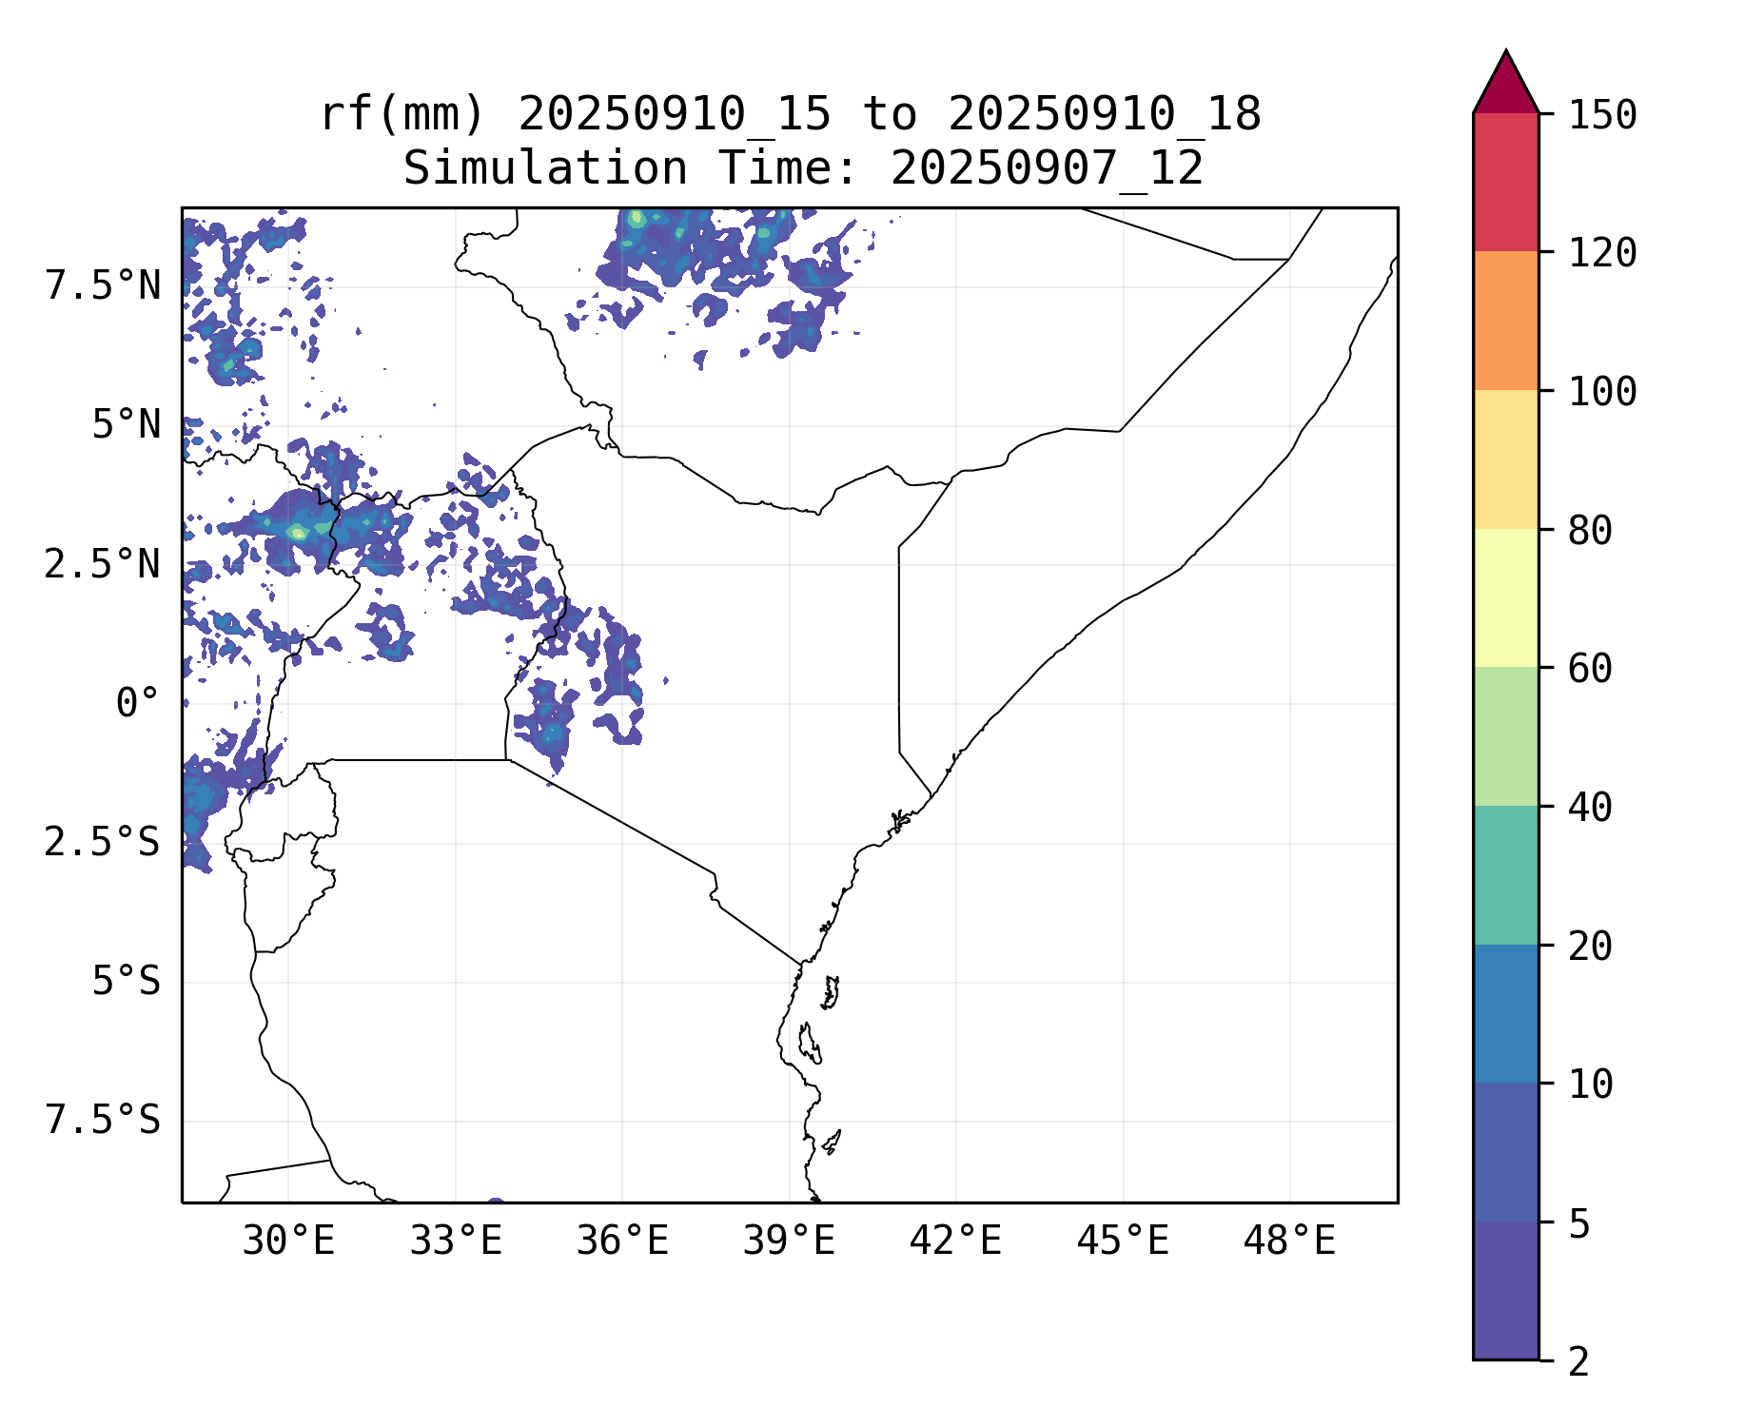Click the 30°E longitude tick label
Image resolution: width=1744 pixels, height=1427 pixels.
[288, 1241]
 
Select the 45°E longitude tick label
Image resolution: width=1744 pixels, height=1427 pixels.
[1123, 1241]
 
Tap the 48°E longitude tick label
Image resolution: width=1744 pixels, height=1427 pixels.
[1289, 1241]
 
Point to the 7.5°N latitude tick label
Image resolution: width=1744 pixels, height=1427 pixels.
[103, 285]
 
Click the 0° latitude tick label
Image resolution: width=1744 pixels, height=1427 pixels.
[138, 704]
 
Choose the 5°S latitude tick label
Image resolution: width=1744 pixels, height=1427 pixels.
[126, 981]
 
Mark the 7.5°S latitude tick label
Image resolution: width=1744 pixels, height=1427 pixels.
[103, 1121]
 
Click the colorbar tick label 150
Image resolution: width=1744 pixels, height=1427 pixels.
[1602, 116]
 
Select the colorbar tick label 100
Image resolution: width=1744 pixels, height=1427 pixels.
[1602, 392]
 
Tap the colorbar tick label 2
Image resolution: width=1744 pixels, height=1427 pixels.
[1579, 1362]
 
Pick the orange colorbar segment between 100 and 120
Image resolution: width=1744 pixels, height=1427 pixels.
[1505, 321]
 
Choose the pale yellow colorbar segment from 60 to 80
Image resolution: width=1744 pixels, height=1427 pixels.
[1505, 597]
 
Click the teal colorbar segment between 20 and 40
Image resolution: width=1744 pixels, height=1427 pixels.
[1505, 875]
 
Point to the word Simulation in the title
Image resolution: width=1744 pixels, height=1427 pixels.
[545, 169]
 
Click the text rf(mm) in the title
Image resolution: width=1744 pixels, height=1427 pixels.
[402, 115]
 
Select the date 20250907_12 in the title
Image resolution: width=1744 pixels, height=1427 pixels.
[1047, 169]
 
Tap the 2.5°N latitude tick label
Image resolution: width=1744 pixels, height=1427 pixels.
[103, 564]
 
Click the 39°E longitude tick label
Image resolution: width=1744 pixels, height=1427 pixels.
[789, 1241]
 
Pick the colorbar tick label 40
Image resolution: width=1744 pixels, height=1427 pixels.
[1591, 808]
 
